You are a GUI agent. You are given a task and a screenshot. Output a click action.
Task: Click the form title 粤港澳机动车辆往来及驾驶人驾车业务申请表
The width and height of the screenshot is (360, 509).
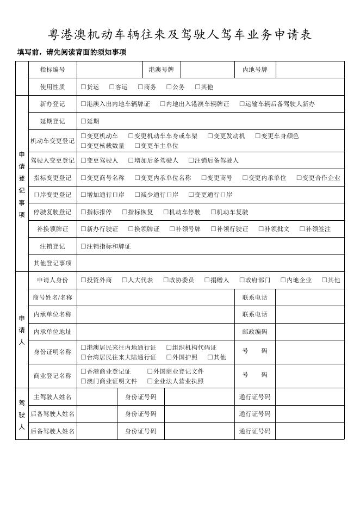[180, 35]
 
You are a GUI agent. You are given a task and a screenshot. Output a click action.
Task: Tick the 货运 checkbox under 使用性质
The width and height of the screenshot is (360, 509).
[83, 87]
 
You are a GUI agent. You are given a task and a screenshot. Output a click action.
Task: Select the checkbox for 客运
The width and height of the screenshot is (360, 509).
[111, 87]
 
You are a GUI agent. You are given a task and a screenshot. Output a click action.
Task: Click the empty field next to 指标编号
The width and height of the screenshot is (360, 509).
[110, 70]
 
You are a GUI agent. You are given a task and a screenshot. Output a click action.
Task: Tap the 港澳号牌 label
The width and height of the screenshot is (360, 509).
[161, 70]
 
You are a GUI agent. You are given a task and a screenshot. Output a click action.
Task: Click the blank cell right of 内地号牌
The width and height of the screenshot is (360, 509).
[309, 70]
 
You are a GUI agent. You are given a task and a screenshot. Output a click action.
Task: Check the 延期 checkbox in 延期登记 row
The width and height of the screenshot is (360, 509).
[83, 121]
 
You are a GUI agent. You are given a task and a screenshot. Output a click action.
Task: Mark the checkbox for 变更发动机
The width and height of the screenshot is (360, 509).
[210, 136]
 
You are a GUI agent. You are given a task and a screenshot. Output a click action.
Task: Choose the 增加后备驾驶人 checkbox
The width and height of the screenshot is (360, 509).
[131, 160]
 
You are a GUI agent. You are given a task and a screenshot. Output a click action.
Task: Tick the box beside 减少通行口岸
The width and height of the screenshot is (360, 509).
[137, 195]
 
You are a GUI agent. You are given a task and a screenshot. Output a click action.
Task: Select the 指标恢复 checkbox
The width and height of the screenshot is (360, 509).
[125, 212]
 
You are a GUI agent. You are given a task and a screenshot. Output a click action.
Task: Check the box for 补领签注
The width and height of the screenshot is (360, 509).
[302, 229]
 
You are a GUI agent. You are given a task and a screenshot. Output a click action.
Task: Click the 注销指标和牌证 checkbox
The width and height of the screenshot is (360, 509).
[83, 246]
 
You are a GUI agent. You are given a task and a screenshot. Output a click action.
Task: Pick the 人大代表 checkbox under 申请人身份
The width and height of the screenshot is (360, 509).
[125, 280]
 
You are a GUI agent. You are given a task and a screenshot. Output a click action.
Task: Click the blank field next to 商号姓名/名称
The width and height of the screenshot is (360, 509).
[156, 297]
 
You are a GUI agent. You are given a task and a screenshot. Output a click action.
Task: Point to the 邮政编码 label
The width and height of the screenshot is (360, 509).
[255, 332]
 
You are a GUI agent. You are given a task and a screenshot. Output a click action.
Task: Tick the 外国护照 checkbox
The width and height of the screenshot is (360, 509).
[169, 357]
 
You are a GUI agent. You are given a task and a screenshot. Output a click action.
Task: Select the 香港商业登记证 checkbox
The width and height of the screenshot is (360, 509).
[83, 371]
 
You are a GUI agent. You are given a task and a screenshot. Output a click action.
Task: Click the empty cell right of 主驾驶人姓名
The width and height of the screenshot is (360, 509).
[97, 397]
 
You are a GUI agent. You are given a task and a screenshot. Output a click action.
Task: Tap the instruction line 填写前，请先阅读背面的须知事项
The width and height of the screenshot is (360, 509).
[72, 52]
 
